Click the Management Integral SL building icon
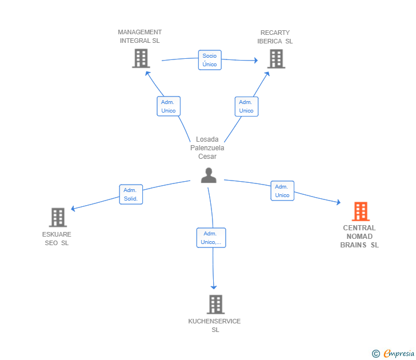pyautogui.click(x=141, y=58)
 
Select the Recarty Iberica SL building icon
pyautogui.click(x=276, y=58)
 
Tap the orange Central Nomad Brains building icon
pyautogui.click(x=360, y=211)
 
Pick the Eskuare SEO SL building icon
pyautogui.click(x=58, y=217)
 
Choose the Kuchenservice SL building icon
pyautogui.click(x=215, y=305)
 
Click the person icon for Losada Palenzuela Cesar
pyautogui.click(x=209, y=175)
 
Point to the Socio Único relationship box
pyautogui.click(x=210, y=60)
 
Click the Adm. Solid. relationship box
pyautogui.click(x=131, y=194)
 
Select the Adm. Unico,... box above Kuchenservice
pyautogui.click(x=211, y=238)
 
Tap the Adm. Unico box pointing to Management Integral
pyautogui.click(x=169, y=106)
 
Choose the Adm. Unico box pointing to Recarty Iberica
pyautogui.click(x=246, y=106)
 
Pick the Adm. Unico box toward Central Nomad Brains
pyautogui.click(x=282, y=191)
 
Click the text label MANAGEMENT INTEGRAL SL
pyautogui.click(x=140, y=37)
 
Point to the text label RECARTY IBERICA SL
pyautogui.click(x=275, y=37)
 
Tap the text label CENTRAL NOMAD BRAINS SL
pyautogui.click(x=359, y=237)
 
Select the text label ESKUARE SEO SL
pyautogui.click(x=57, y=238)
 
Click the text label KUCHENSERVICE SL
pyautogui.click(x=214, y=325)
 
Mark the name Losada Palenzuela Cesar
pyautogui.click(x=207, y=148)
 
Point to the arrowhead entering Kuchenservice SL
pyautogui.click(x=214, y=287)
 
